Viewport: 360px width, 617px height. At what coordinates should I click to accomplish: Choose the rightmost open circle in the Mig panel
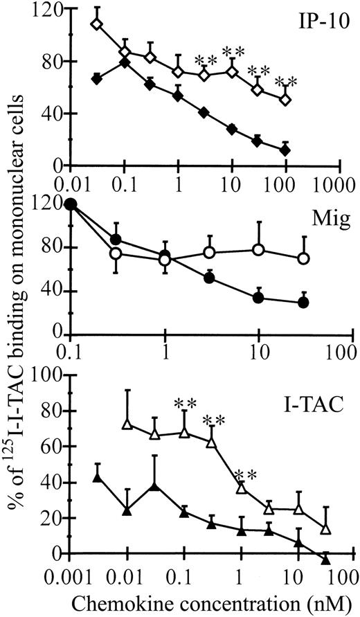point(303,258)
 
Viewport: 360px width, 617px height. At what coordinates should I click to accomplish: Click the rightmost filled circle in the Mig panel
point(303,302)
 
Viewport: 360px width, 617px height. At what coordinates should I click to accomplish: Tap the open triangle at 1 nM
point(241,488)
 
